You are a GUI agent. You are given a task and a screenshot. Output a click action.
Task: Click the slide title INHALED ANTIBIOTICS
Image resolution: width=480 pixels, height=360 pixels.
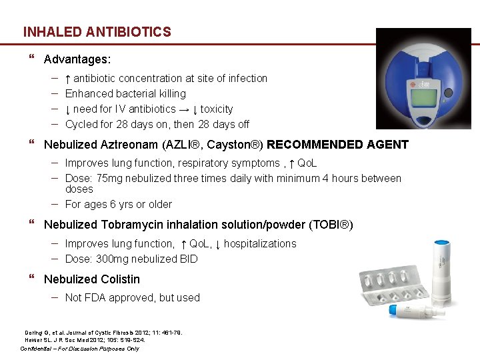pyautogui.click(x=97, y=32)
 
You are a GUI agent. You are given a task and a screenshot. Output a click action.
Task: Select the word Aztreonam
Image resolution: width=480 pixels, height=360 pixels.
pyautogui.click(x=131, y=145)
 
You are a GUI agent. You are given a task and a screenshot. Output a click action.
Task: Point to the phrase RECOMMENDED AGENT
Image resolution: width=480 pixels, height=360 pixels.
pyautogui.click(x=337, y=145)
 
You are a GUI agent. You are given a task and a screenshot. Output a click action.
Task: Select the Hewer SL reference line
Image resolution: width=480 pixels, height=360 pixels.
pyautogui.click(x=85, y=340)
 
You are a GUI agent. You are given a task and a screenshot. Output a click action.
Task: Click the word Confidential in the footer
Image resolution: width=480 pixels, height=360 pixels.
pyautogui.click(x=41, y=349)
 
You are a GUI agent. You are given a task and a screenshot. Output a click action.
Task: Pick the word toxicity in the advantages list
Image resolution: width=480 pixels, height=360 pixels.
pyautogui.click(x=217, y=109)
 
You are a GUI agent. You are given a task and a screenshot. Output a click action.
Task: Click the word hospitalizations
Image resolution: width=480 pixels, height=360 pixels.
pyautogui.click(x=260, y=244)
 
